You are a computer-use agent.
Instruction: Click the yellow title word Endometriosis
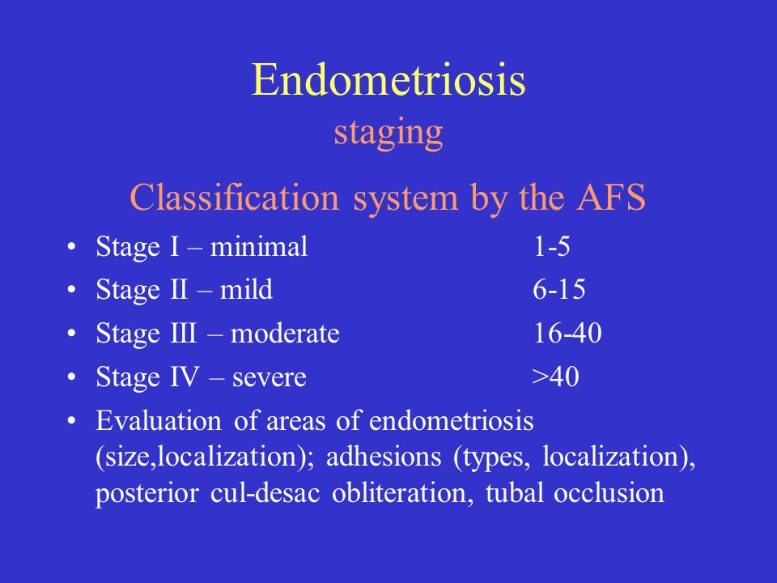click(388, 79)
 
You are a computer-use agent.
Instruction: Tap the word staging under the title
click(388, 134)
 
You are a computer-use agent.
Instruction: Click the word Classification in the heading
click(235, 197)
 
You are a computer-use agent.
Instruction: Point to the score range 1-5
click(551, 246)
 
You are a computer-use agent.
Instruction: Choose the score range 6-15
click(559, 289)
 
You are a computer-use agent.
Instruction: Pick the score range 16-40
click(567, 333)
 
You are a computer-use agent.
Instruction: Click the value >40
click(555, 377)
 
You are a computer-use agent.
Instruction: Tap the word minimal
click(259, 246)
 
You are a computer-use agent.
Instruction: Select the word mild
click(246, 289)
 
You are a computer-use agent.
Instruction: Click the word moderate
click(285, 333)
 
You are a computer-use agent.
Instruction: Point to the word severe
click(269, 378)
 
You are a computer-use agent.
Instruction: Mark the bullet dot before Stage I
click(72, 246)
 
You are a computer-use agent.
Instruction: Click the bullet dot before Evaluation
click(72, 421)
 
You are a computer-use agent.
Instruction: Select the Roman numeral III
click(184, 333)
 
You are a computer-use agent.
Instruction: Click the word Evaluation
click(159, 420)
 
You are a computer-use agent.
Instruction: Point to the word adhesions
click(384, 456)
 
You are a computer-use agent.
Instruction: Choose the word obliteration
click(402, 492)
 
